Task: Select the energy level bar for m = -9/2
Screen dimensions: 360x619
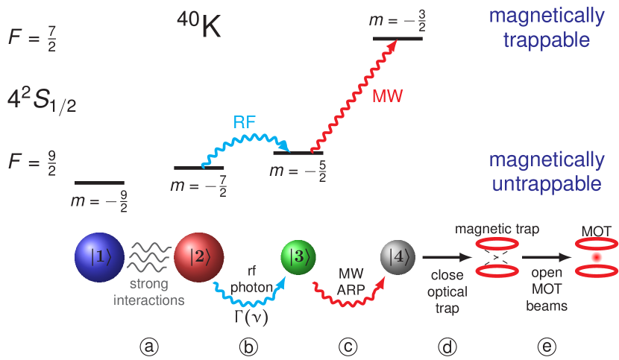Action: click(99, 182)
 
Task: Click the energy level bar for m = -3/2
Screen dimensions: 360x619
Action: click(398, 37)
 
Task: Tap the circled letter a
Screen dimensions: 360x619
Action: click(151, 346)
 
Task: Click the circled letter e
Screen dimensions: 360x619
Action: click(547, 346)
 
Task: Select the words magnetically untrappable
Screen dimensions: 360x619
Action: click(547, 171)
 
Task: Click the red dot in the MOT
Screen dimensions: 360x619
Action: click(596, 257)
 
